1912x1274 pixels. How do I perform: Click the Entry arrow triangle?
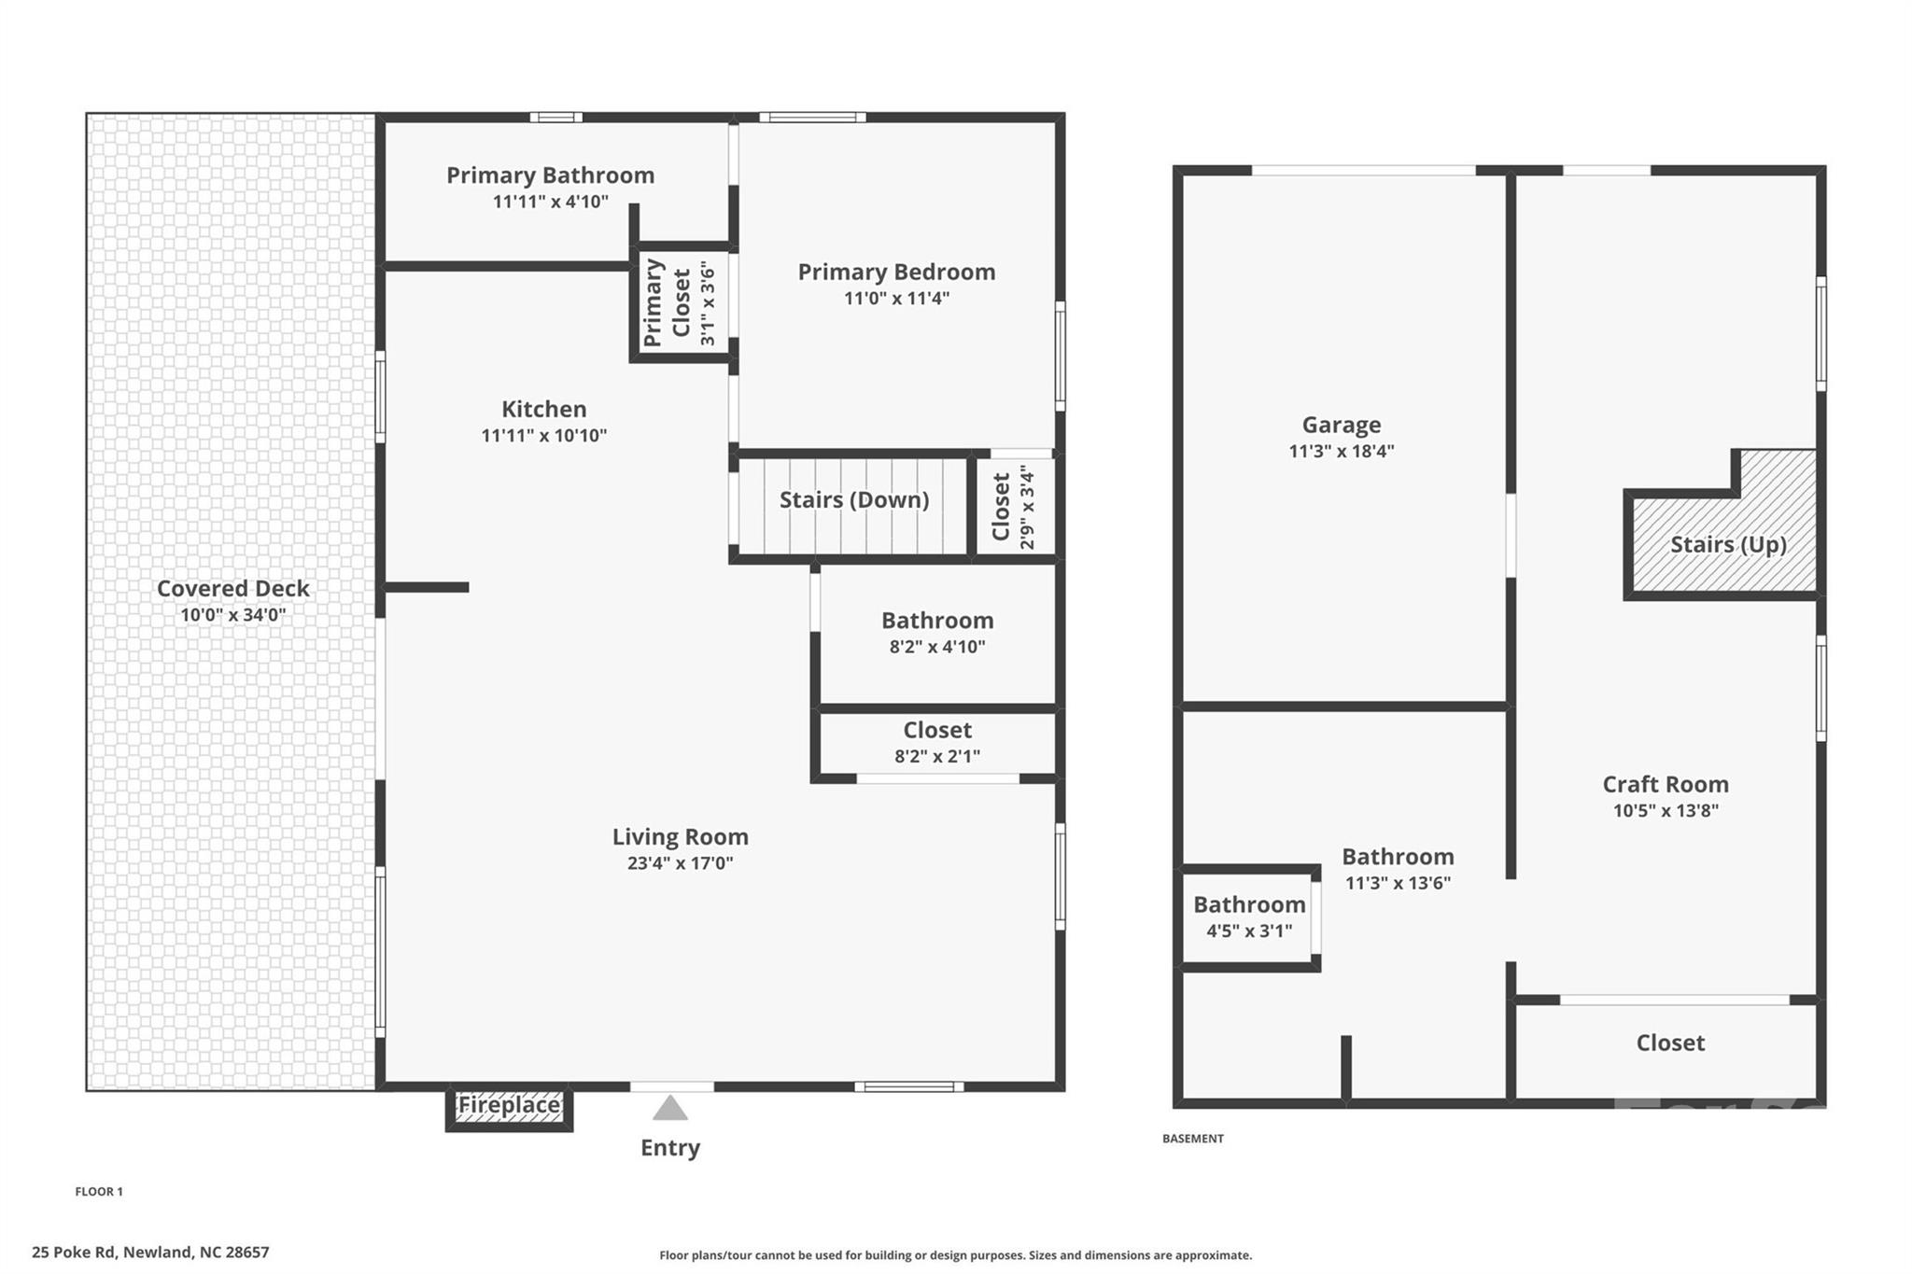click(670, 1109)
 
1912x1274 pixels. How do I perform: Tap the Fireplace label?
click(509, 1106)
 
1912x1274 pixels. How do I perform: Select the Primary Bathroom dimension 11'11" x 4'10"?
click(551, 202)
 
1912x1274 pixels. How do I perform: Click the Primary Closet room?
click(681, 302)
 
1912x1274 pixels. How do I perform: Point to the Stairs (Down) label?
click(854, 500)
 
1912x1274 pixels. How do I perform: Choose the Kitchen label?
click(544, 409)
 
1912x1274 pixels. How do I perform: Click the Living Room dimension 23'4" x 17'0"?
click(680, 863)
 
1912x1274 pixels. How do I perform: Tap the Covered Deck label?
click(232, 589)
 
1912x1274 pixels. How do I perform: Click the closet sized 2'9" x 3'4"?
click(1014, 507)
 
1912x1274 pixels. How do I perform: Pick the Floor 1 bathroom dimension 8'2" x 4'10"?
click(937, 647)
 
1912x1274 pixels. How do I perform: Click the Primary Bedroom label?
click(896, 273)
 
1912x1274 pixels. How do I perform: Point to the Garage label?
click(1342, 426)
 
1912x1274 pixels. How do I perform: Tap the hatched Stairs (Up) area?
click(1727, 545)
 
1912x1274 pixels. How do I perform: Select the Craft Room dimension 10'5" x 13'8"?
click(1666, 811)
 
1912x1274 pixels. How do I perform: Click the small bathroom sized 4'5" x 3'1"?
click(1249, 917)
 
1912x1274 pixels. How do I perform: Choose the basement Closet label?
click(1670, 1043)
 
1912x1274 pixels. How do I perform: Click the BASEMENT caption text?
click(1192, 1139)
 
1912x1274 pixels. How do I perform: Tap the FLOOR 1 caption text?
click(99, 1192)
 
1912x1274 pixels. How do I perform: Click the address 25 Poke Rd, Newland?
click(150, 1253)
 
